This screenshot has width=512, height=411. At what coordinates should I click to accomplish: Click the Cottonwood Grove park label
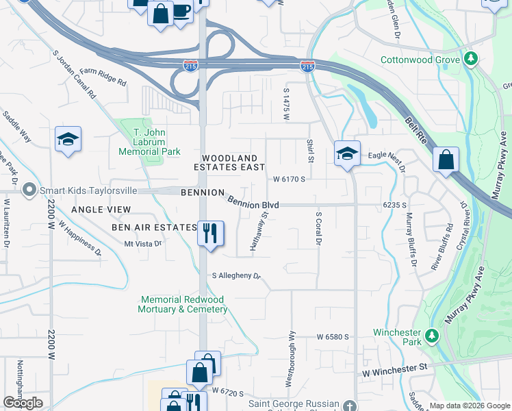[420, 59]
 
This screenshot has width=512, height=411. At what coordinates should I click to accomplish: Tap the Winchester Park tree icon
[431, 336]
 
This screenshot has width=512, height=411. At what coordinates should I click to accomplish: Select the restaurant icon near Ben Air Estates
[210, 232]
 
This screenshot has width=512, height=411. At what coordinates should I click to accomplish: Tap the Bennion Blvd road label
[253, 204]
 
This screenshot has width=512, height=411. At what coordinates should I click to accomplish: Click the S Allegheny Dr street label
[237, 276]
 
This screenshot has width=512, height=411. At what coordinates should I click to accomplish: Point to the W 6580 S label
[333, 338]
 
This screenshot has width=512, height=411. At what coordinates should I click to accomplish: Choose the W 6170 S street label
[288, 179]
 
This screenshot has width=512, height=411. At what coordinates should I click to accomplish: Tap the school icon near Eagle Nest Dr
[347, 153]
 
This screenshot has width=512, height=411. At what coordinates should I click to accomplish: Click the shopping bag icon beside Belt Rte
[446, 160]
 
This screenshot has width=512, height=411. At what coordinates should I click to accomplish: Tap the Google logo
[23, 403]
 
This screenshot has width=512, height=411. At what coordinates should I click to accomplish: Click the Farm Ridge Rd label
[103, 76]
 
